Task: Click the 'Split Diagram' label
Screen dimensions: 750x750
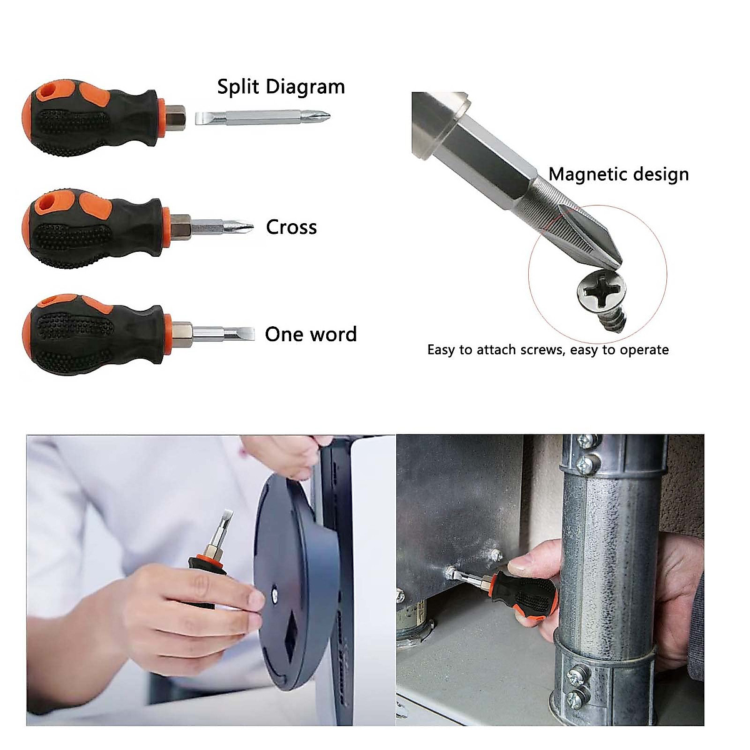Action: point(281,87)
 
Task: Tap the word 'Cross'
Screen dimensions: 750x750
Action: point(291,227)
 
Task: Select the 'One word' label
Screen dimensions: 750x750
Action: point(311,334)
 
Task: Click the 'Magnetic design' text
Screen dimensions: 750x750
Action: point(618,174)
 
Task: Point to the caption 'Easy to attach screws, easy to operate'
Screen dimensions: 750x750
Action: point(547,350)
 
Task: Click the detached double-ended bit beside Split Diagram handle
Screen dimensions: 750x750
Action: point(263,117)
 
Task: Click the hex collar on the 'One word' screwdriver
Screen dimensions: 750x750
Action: point(181,332)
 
